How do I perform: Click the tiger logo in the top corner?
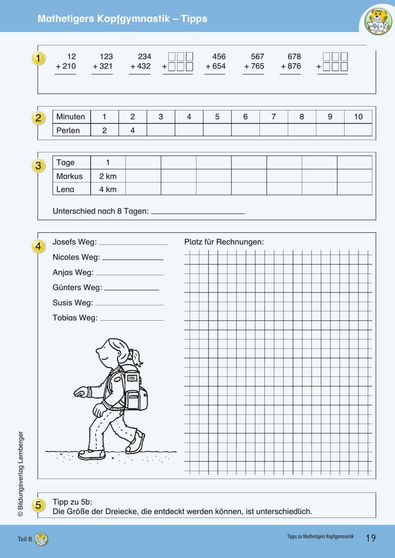(378, 21)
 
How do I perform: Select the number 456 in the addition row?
(219, 57)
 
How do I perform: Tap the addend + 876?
(291, 66)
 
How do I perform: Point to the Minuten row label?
(71, 117)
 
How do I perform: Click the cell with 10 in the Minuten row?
(358, 117)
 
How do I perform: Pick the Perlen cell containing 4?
(132, 130)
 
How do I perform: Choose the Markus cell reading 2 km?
(108, 176)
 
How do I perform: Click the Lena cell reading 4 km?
(108, 189)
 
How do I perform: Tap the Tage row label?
(66, 163)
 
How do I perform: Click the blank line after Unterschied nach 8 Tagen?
(197, 213)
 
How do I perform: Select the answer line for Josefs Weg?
(133, 243)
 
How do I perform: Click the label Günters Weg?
(77, 288)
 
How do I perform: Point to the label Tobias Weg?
(75, 318)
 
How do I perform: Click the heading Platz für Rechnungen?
(224, 242)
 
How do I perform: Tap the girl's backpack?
(135, 390)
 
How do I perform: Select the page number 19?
(371, 538)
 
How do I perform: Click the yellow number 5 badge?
(39, 505)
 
